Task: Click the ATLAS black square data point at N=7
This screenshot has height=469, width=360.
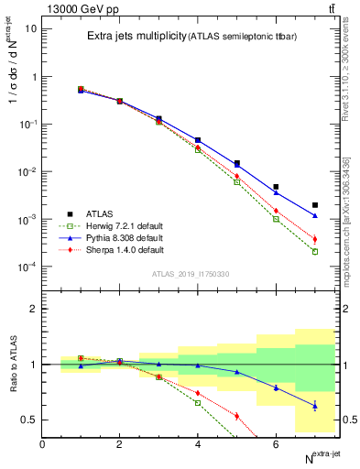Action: click(x=315, y=205)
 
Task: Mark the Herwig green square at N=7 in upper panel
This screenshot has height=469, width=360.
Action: click(x=315, y=252)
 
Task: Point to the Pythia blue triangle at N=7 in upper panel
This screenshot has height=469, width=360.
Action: click(x=315, y=216)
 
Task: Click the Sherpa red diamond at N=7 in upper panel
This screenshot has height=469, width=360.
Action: click(x=315, y=239)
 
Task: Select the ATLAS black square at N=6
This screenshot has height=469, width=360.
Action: click(x=276, y=187)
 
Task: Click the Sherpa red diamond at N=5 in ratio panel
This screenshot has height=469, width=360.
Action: click(x=236, y=416)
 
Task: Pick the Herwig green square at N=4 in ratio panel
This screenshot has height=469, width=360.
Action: click(x=198, y=402)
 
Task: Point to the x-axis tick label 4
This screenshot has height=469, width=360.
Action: click(x=198, y=444)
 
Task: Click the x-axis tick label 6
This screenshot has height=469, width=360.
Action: click(x=276, y=444)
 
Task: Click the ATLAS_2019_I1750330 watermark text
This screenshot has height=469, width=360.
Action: click(x=191, y=274)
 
